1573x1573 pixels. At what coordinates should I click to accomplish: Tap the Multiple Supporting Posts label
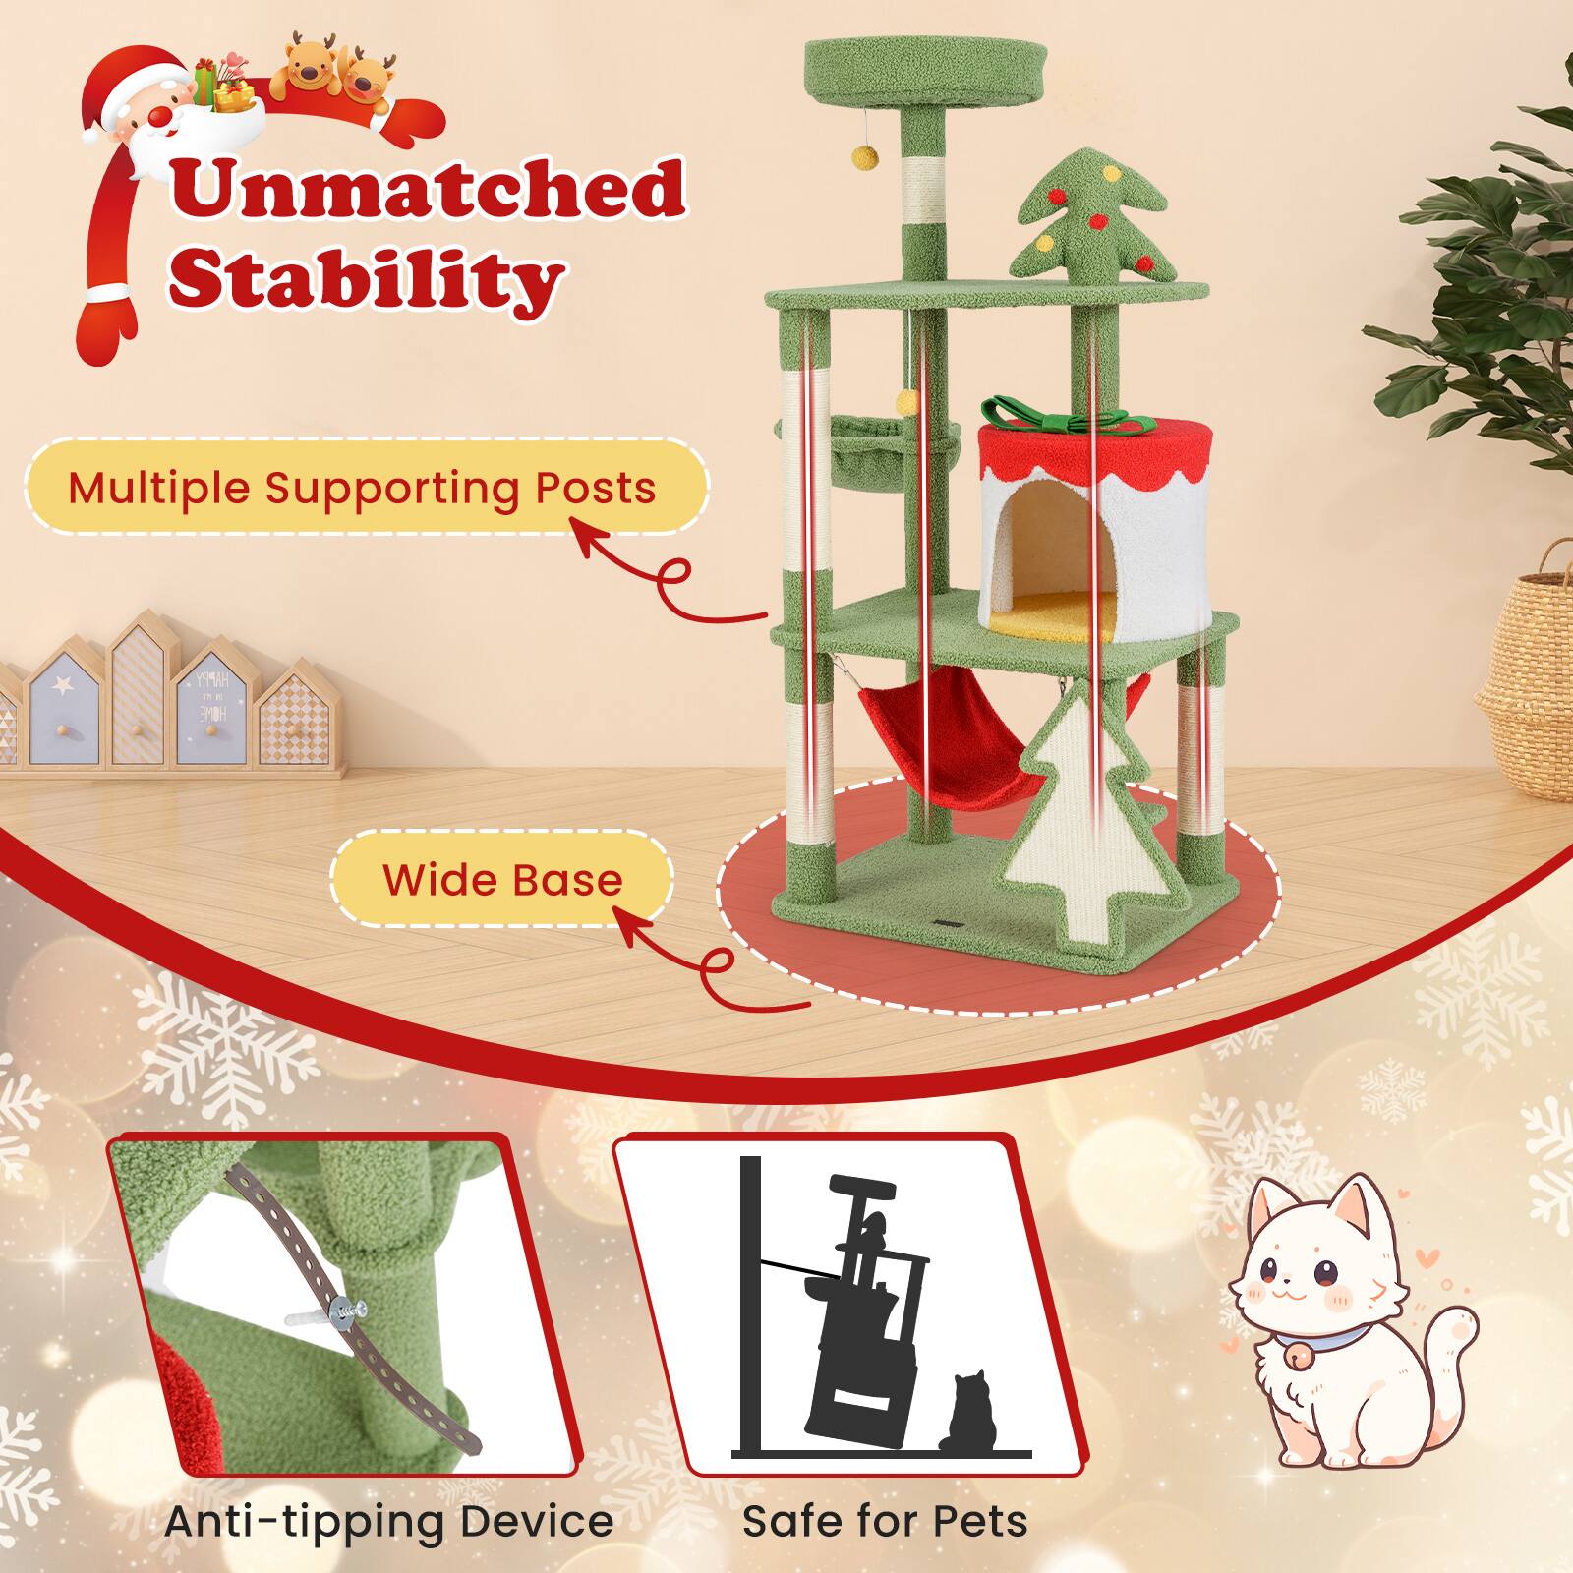click(x=362, y=488)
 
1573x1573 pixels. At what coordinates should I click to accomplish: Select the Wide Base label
click(x=502, y=879)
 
